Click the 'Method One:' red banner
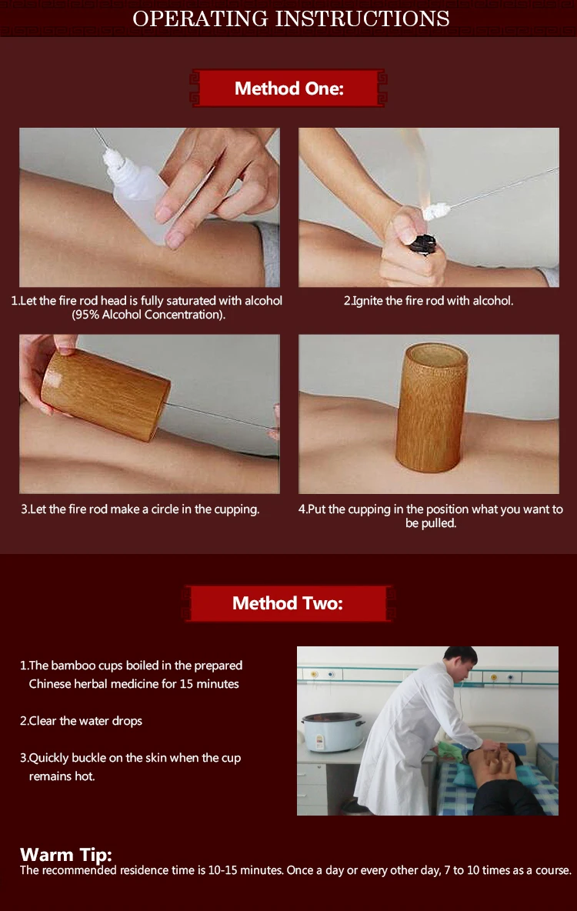[288, 88]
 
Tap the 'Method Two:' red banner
[288, 603]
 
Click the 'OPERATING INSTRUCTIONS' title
[291, 18]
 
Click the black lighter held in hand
[423, 243]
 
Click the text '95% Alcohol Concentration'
[148, 315]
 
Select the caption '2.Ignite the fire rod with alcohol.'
[429, 301]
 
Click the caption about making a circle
[140, 509]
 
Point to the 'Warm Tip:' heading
[65, 856]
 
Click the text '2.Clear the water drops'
[81, 721]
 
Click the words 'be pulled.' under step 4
[431, 523]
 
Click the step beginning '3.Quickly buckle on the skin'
[130, 767]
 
